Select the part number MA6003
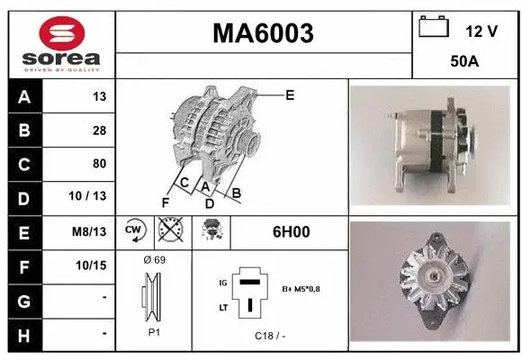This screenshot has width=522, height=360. pyautogui.click(x=263, y=33)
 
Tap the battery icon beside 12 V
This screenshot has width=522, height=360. pyautogui.click(x=434, y=27)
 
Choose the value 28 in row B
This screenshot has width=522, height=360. pyautogui.click(x=99, y=130)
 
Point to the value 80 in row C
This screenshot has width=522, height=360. pyautogui.click(x=99, y=164)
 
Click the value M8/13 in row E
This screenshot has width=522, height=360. pyautogui.click(x=91, y=231)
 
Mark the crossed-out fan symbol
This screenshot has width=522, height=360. pyautogui.click(x=168, y=231)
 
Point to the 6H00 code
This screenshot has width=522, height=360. pyautogui.click(x=291, y=232)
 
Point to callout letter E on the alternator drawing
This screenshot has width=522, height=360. pyautogui.click(x=290, y=94)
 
